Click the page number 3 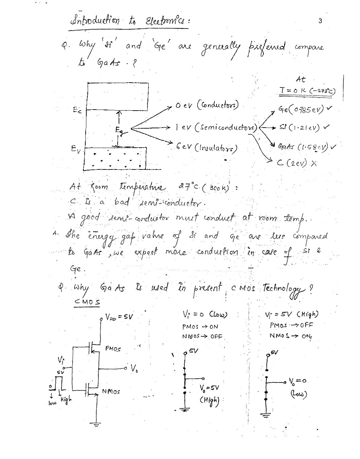(320, 21)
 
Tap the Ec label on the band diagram (77, 110)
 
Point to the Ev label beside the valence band (76, 149)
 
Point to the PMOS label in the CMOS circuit (113, 348)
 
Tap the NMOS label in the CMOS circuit (111, 392)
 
